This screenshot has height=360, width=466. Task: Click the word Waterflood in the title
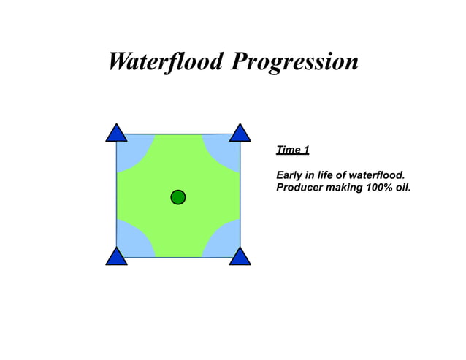(166, 61)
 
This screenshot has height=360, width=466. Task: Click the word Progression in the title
(294, 63)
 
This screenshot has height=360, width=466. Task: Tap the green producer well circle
(177, 197)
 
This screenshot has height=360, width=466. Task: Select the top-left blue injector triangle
(116, 134)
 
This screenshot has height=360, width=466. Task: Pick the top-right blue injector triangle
(240, 134)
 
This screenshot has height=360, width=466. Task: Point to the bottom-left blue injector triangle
(116, 257)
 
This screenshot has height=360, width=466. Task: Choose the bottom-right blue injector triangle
(240, 257)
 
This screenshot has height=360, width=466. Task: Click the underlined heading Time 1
(292, 150)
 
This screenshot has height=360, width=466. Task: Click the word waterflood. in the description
(377, 176)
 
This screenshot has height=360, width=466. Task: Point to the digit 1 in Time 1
(306, 150)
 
